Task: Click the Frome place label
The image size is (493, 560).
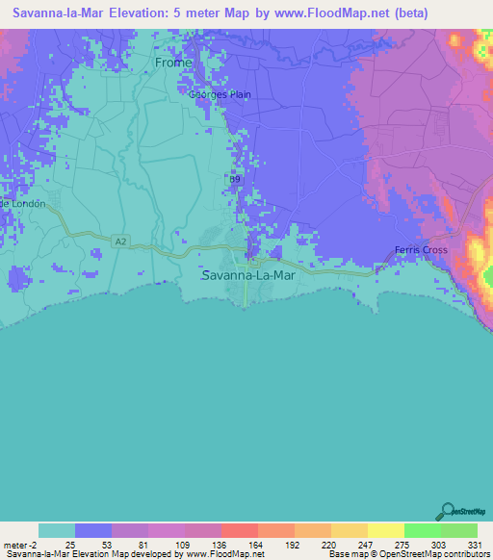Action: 173,63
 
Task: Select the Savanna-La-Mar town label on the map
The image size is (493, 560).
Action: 248,275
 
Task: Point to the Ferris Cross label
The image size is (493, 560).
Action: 421,251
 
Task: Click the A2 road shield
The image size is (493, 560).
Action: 118,241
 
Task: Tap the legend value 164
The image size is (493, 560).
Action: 239,545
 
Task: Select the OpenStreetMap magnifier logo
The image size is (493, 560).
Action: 448,512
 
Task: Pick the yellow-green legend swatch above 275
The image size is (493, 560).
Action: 386,530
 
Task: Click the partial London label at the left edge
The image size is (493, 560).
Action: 17,204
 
